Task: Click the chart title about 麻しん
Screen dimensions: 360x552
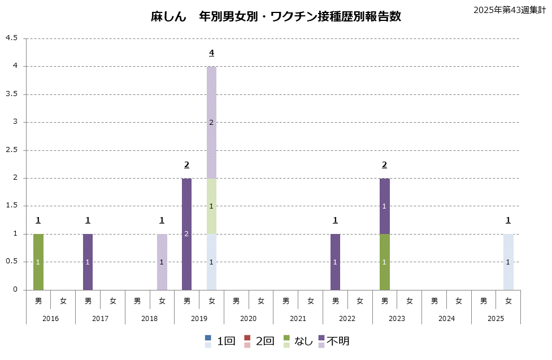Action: pos(276,16)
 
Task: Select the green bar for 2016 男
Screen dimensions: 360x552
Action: pos(38,262)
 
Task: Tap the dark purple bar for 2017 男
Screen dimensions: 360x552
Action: pos(88,262)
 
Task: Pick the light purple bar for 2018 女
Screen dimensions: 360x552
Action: pos(162,262)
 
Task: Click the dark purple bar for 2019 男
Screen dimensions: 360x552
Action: pos(186,234)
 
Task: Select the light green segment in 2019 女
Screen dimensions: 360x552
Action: pos(211,206)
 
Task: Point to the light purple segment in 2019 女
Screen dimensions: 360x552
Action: pos(211,123)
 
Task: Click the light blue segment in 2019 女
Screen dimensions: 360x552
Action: pos(211,262)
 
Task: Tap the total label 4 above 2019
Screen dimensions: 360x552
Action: pos(211,53)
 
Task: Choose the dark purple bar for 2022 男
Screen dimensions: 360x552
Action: pos(335,262)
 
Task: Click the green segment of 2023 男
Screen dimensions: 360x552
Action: pos(384,262)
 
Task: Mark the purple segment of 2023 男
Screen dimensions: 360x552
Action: pos(384,206)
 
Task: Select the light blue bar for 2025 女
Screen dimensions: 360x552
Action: pos(508,262)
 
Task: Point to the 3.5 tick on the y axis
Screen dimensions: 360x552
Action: pos(12,94)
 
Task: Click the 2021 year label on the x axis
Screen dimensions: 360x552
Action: pos(298,319)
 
